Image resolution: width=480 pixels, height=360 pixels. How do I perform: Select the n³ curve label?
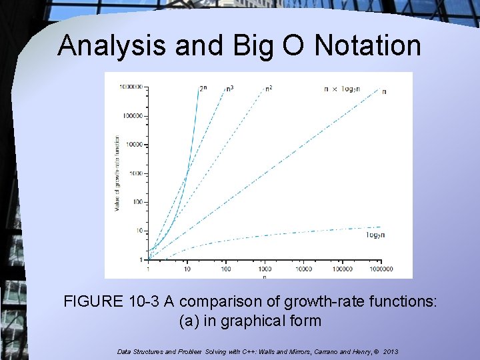coord(230,88)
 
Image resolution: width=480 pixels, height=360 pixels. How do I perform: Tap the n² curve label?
coord(268,88)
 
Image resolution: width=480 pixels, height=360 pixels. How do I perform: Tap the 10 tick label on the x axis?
coord(187,269)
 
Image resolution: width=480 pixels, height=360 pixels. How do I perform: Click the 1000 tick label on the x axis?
coord(265,269)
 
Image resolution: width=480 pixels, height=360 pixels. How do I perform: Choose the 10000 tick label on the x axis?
coord(303,269)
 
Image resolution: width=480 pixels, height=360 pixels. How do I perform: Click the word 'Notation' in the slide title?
coord(368,45)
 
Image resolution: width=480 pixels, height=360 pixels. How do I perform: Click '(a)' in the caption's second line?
coord(191,321)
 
